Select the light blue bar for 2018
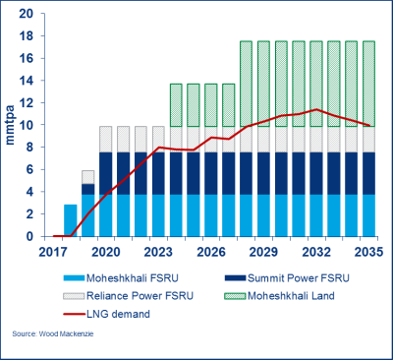tap(71, 220)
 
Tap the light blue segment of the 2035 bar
tap(364, 215)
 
